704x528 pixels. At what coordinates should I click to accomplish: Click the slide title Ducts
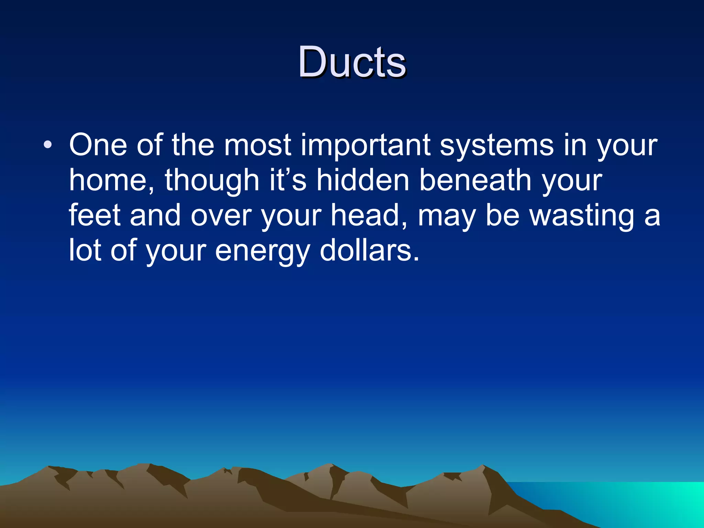352,62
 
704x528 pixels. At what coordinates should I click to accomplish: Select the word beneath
476,180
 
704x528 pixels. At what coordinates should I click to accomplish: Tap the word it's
288,180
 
